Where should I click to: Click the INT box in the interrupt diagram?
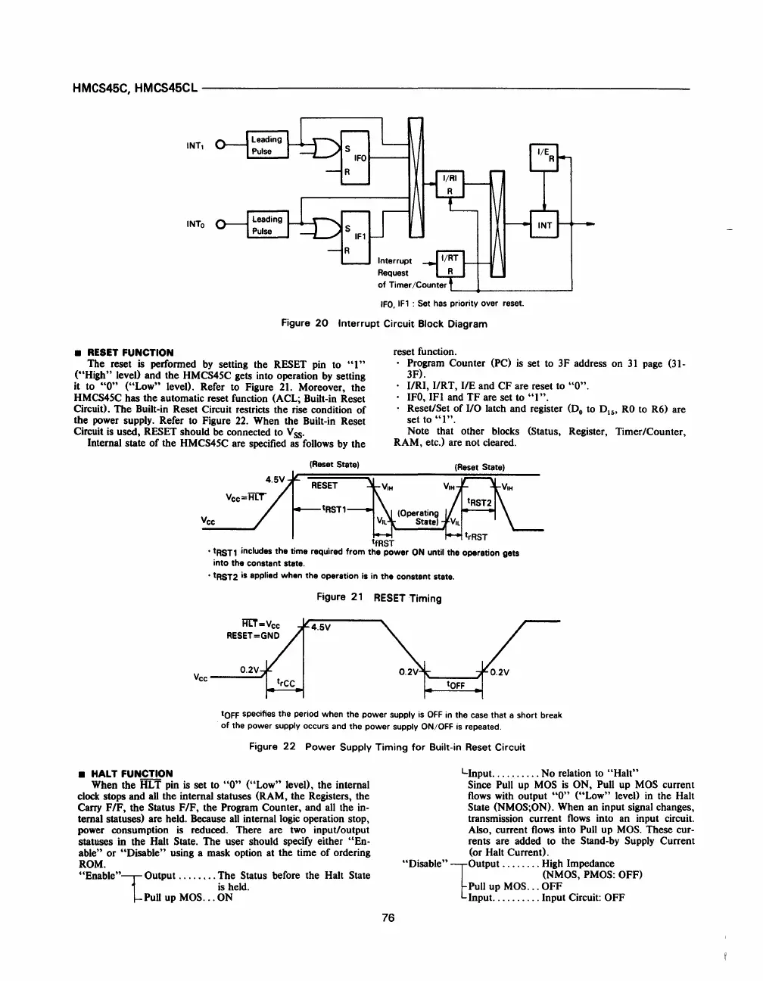(544, 225)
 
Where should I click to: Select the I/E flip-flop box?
(544, 157)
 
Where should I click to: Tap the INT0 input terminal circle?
(221, 225)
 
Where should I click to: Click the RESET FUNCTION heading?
(130, 353)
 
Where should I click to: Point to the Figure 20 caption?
(384, 324)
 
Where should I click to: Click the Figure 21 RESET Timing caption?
(379, 598)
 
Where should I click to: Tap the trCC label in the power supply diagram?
(285, 682)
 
